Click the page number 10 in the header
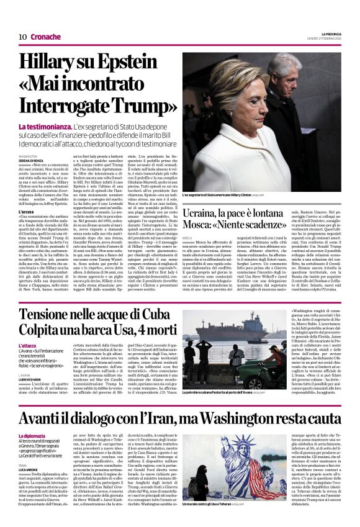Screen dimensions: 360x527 (x=22, y=37)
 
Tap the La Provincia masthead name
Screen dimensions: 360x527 (x=330, y=34)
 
